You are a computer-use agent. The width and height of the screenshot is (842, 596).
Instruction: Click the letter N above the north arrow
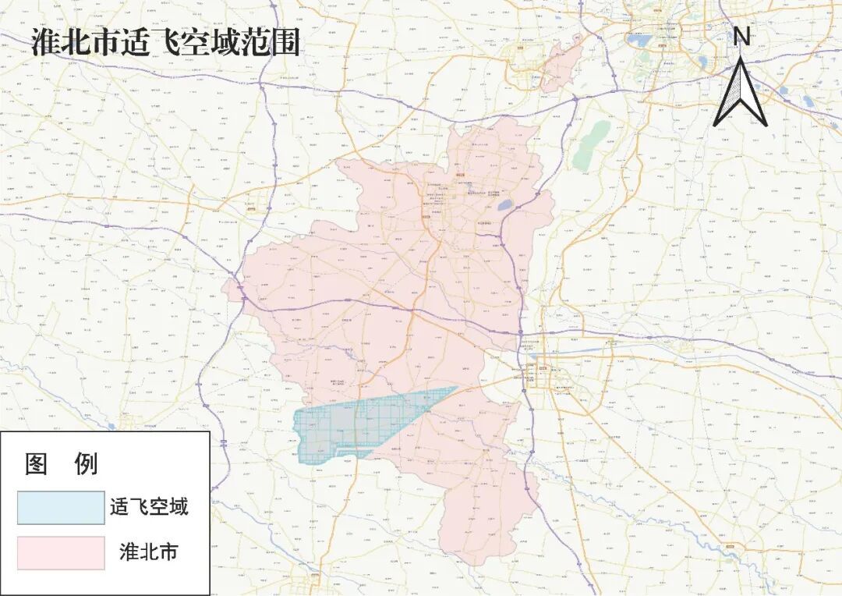741,35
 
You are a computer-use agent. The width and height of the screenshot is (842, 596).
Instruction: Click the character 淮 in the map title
45,43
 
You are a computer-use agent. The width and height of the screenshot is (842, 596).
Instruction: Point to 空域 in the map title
211,43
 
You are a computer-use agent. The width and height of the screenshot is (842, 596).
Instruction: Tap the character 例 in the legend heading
86,463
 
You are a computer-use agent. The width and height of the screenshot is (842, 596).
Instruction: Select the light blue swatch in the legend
61,508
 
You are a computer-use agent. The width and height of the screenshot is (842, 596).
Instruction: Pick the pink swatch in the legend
61,552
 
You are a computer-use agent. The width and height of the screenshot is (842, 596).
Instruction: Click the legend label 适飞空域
149,508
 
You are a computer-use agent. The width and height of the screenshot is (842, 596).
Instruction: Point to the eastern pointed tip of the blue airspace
455,388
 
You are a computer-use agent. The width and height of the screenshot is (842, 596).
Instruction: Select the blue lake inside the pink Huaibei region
505,205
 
